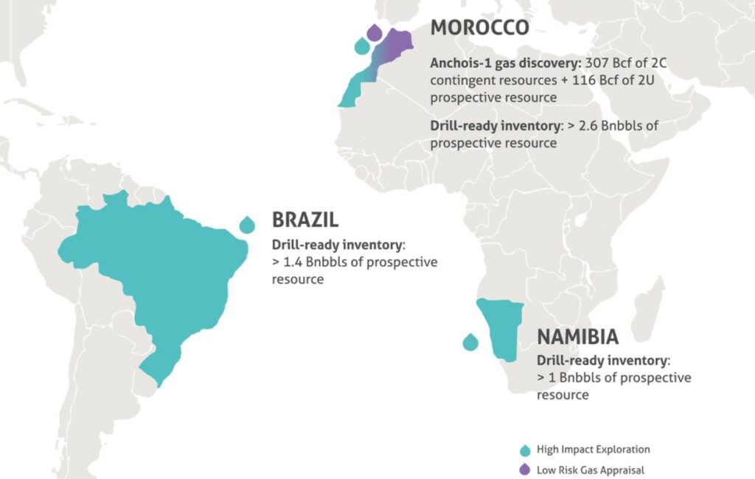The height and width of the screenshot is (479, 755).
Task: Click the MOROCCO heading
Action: pyautogui.click(x=479, y=27)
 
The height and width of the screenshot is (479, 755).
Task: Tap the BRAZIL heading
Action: pyautogui.click(x=305, y=220)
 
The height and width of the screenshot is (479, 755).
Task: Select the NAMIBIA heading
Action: pyautogui.click(x=577, y=337)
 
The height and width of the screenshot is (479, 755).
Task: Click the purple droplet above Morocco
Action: pyautogui.click(x=375, y=32)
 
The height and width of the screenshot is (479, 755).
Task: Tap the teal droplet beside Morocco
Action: pyautogui.click(x=361, y=46)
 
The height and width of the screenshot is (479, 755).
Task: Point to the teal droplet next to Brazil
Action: pyautogui.click(x=247, y=224)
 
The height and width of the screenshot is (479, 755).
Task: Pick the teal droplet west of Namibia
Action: pyautogui.click(x=470, y=342)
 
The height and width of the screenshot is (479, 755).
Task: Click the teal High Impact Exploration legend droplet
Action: pyautogui.click(x=525, y=450)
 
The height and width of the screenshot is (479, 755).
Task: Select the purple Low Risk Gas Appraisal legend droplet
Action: pyautogui.click(x=525, y=469)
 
